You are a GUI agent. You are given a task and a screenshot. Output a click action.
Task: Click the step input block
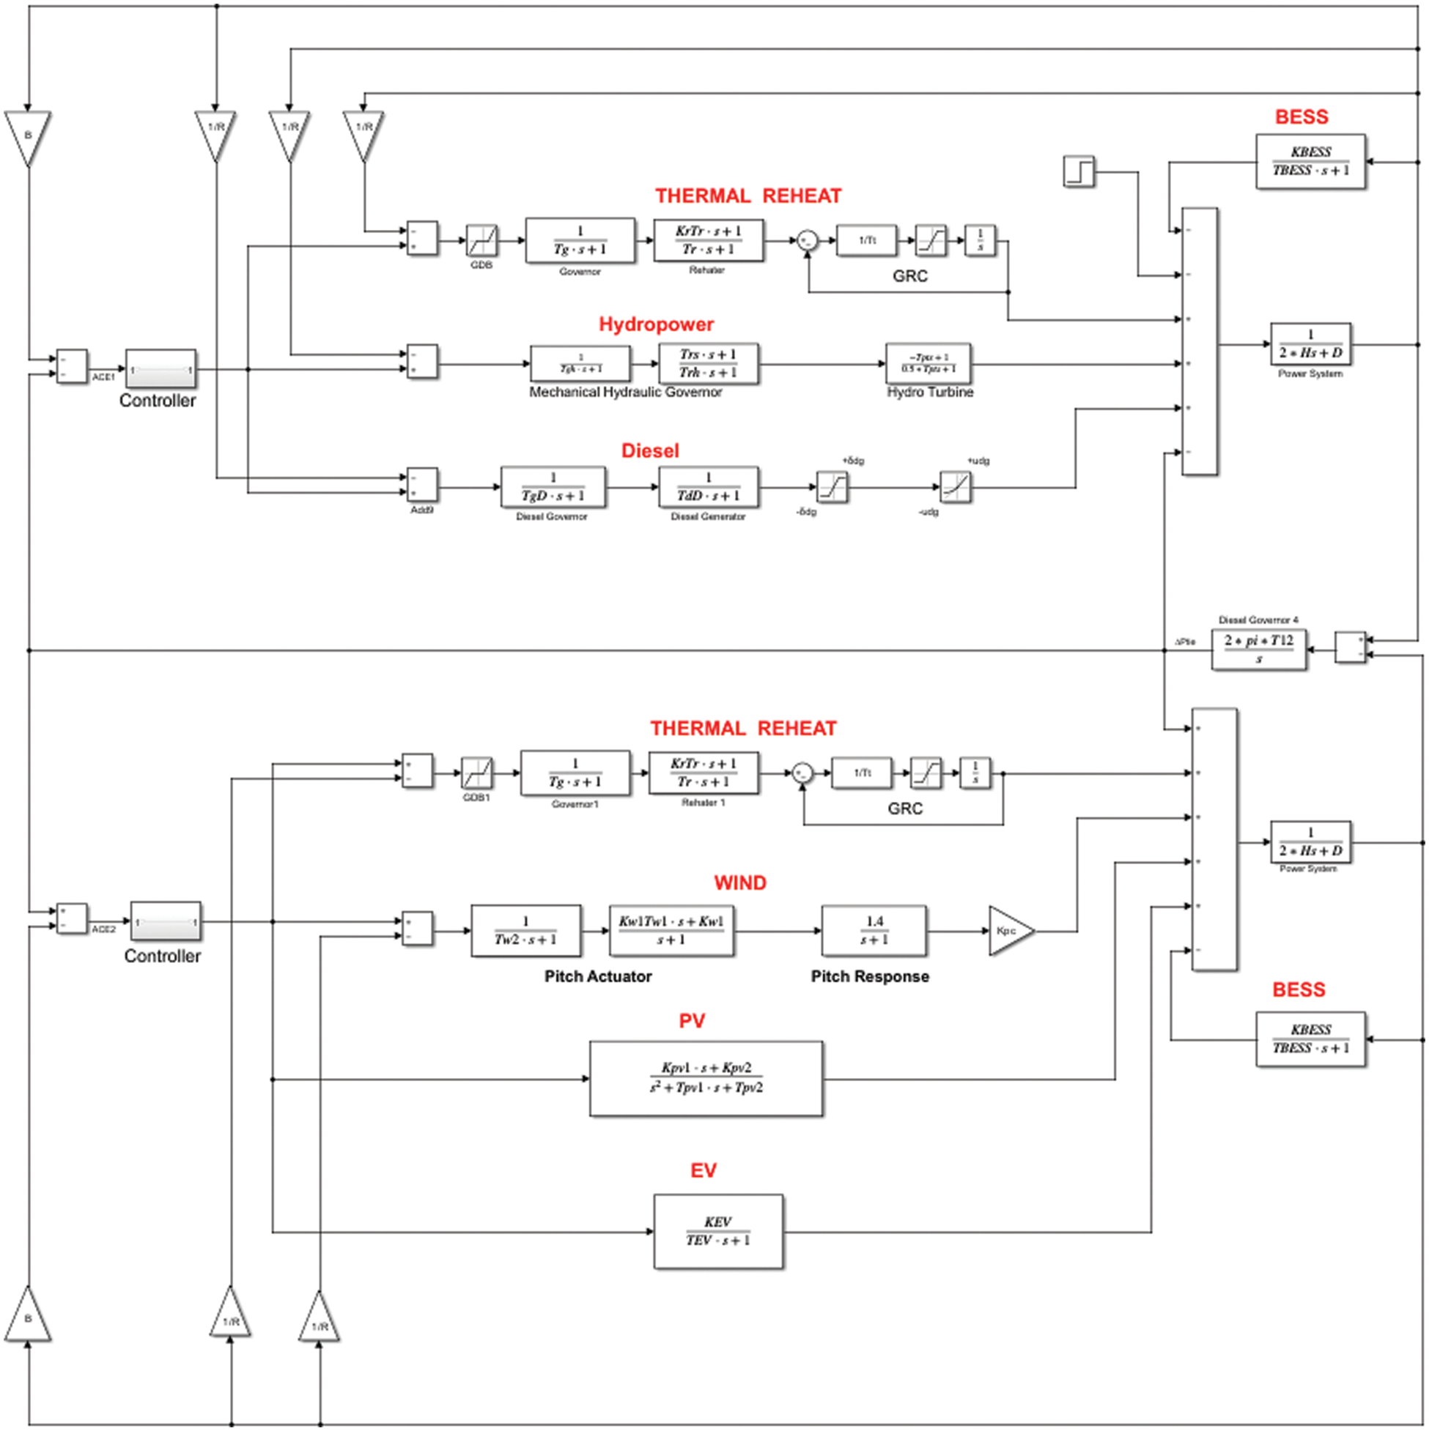click(1079, 172)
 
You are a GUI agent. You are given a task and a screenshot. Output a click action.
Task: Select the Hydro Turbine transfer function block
click(928, 363)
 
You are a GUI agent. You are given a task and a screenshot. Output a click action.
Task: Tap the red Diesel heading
click(650, 450)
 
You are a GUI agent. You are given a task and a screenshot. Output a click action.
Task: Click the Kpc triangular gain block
click(1009, 931)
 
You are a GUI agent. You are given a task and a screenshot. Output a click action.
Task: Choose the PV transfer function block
click(706, 1079)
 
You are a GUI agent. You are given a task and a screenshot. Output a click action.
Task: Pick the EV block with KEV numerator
click(718, 1231)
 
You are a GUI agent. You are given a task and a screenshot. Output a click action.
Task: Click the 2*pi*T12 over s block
click(1258, 650)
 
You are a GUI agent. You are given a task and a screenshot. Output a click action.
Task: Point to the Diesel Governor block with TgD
click(553, 486)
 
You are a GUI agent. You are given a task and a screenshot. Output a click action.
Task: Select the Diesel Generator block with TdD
click(709, 486)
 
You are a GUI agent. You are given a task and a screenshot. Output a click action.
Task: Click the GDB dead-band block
click(481, 240)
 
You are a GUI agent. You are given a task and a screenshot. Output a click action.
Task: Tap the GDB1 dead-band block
click(476, 773)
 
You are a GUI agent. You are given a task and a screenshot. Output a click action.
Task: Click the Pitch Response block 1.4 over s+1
click(874, 930)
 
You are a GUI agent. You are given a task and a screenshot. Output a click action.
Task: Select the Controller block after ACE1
click(160, 370)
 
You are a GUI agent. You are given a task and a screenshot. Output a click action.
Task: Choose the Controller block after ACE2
click(166, 922)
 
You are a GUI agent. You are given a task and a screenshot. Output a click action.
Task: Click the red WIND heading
click(739, 883)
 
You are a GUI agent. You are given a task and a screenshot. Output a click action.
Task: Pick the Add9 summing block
click(423, 485)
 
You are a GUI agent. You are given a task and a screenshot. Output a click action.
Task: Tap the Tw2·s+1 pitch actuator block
click(525, 930)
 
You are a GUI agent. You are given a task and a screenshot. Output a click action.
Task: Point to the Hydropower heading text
click(656, 324)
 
